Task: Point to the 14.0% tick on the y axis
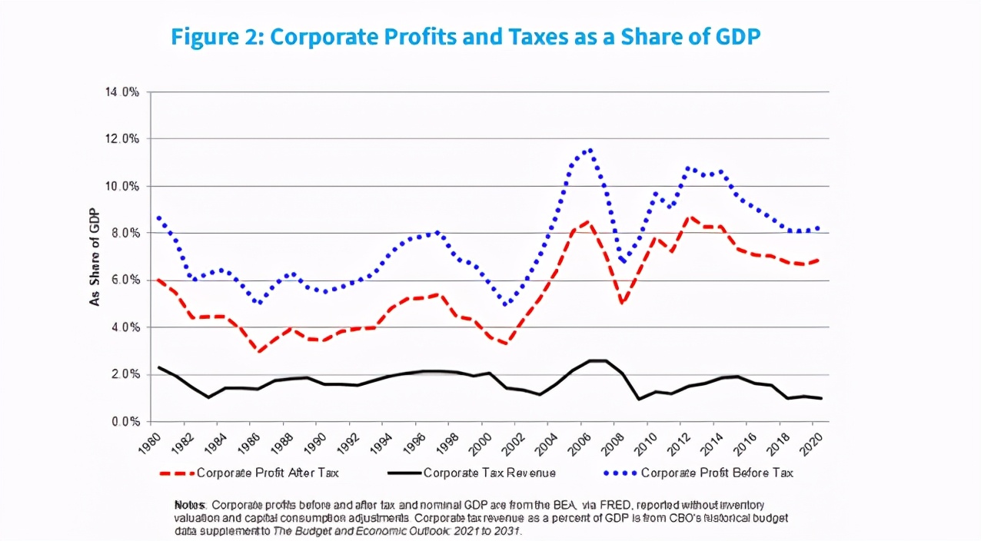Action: (x=121, y=92)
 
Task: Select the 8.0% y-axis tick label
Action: (x=123, y=233)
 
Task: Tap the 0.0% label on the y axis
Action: (x=123, y=422)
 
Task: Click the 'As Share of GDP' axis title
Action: (x=95, y=257)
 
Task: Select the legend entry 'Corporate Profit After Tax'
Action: (x=267, y=473)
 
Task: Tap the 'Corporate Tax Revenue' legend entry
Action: (x=489, y=473)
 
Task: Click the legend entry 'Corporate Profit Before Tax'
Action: (x=717, y=473)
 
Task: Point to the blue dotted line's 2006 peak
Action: (x=590, y=150)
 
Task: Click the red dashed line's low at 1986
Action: (x=260, y=352)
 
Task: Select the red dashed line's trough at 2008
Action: (x=622, y=303)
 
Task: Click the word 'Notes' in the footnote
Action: (x=189, y=506)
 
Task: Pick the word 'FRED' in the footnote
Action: (x=600, y=506)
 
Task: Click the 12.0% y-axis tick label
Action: (x=121, y=139)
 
